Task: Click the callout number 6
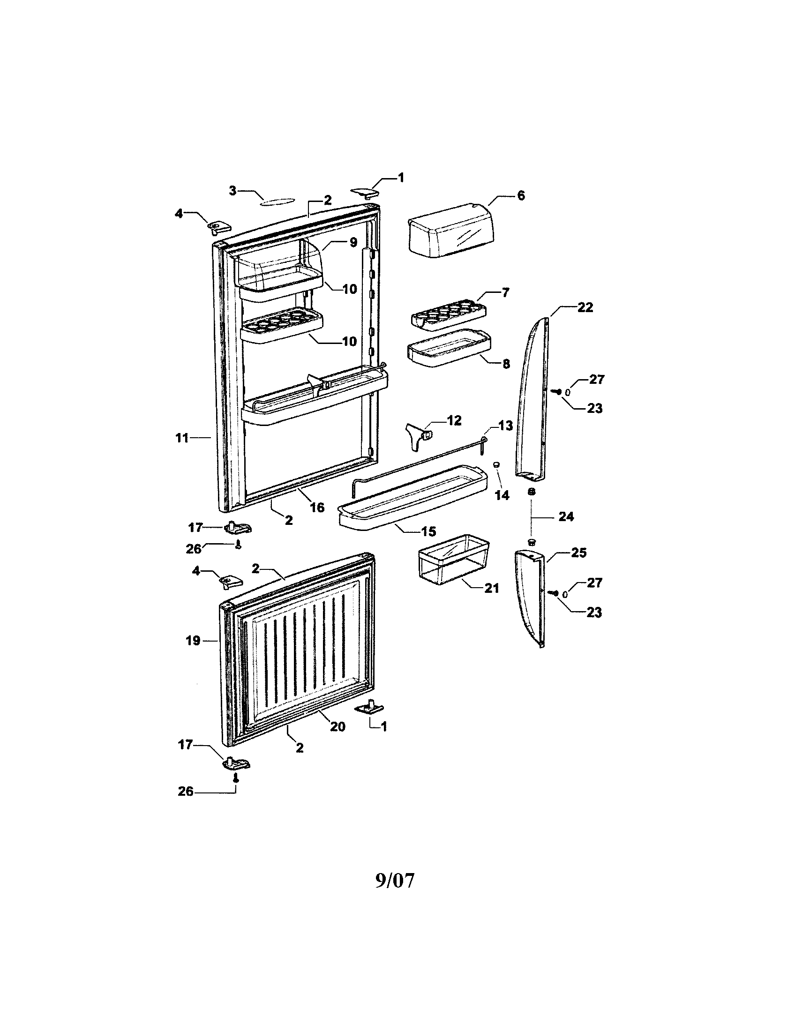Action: tap(521, 195)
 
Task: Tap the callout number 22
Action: tap(585, 307)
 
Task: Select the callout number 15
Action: tap(428, 531)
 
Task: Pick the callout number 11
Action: tap(182, 438)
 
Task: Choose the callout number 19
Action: tap(193, 641)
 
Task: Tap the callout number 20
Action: tap(337, 726)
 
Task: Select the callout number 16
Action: tap(317, 508)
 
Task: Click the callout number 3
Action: tap(233, 191)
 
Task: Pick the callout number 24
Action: tap(566, 517)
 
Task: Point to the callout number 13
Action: tap(505, 426)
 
